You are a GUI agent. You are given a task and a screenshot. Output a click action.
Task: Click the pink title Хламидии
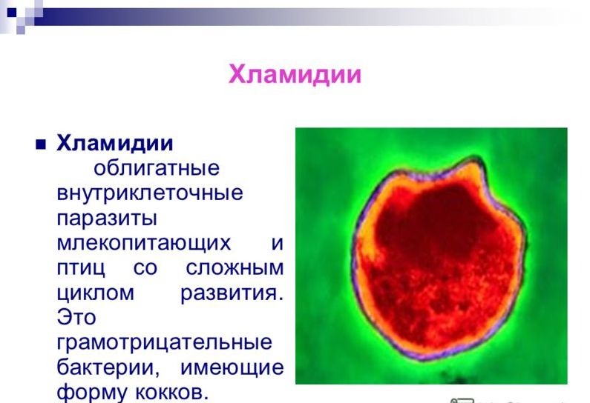[x=295, y=75]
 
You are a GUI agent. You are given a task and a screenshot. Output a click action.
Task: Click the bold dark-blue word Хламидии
[x=115, y=143]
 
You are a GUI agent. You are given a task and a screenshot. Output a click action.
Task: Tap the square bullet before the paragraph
[x=41, y=144]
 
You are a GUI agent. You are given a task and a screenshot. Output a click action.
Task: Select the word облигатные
[x=156, y=168]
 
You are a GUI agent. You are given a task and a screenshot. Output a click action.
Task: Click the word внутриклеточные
[x=150, y=193]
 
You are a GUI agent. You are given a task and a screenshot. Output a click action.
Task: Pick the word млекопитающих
[x=143, y=244]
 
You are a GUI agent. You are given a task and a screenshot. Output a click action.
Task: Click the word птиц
[x=81, y=268]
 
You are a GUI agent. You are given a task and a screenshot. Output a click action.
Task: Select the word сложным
[x=235, y=267]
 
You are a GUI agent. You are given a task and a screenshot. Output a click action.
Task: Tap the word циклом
[x=95, y=293]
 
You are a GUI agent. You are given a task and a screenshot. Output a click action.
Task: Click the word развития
[x=232, y=293]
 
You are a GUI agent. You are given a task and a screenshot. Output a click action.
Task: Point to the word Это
[x=76, y=317]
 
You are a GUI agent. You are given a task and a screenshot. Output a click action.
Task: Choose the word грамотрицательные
[x=164, y=342]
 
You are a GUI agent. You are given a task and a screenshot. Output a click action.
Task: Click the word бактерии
[x=108, y=367]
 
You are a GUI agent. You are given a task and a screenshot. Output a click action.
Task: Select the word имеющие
[x=232, y=367]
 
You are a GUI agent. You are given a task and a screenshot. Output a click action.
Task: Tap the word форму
[x=91, y=393]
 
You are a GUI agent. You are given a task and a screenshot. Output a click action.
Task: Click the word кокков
[x=171, y=393]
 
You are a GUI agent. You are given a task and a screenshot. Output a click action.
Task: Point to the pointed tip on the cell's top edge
[x=476, y=159]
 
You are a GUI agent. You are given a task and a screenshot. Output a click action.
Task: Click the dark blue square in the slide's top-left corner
[x=12, y=13]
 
